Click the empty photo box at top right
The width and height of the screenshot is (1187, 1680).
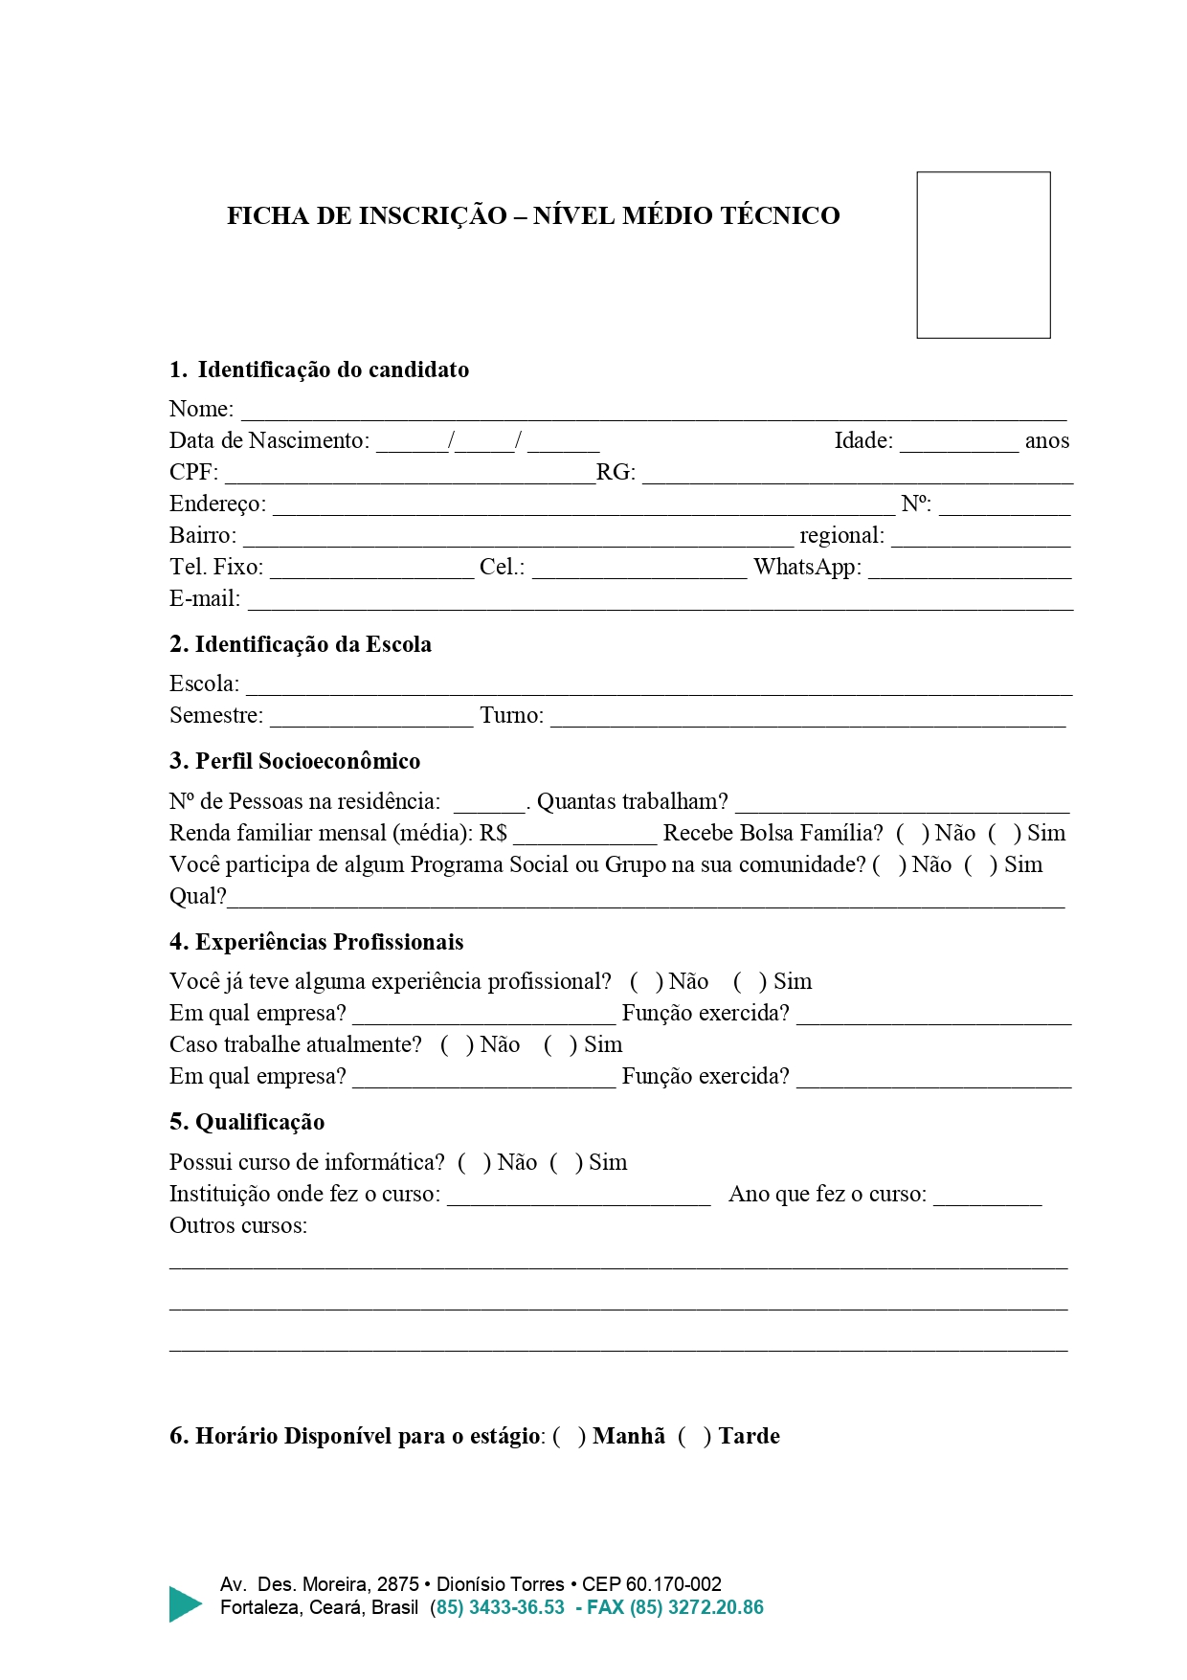click(983, 255)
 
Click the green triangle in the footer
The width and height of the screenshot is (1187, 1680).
click(184, 1603)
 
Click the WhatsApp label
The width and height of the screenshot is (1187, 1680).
click(807, 568)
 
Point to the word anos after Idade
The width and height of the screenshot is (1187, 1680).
click(1046, 441)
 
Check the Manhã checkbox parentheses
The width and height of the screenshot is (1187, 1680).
click(570, 1437)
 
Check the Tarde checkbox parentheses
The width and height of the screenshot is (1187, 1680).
click(695, 1437)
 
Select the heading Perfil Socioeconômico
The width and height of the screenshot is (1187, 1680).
click(307, 762)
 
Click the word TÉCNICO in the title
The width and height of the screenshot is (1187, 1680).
click(780, 216)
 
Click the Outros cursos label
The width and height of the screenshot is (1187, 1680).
click(238, 1226)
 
